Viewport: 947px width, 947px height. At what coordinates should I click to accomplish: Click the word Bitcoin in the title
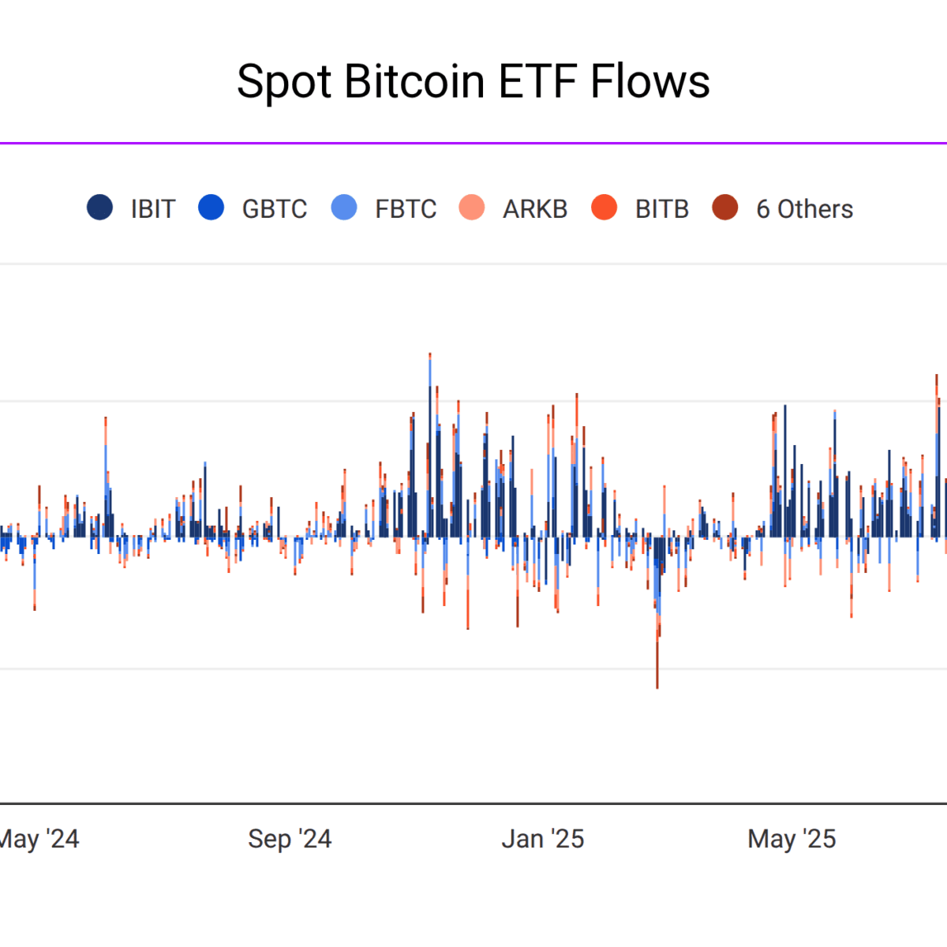(x=414, y=82)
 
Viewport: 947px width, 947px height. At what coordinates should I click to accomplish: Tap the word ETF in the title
(x=537, y=82)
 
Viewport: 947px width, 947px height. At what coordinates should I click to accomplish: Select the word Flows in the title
(x=650, y=82)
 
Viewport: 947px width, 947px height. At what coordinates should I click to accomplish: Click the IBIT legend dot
(x=100, y=208)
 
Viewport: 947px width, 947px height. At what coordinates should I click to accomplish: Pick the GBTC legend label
(x=274, y=209)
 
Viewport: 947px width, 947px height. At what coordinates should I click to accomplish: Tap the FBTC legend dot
(x=344, y=208)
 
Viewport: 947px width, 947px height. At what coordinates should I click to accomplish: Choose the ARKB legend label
(x=535, y=209)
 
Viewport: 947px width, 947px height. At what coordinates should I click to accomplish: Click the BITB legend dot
(x=604, y=208)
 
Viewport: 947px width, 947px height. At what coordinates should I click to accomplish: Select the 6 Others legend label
(x=804, y=209)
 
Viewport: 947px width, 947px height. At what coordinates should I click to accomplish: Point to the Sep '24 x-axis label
(x=290, y=839)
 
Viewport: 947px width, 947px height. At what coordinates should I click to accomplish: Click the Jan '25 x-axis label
(x=543, y=839)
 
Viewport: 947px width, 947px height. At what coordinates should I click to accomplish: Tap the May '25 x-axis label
(x=792, y=839)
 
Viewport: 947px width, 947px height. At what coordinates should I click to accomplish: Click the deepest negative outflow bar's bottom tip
(x=657, y=687)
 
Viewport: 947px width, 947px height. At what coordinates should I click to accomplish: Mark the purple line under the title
(x=473, y=144)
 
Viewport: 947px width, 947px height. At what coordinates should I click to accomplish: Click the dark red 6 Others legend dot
(x=725, y=208)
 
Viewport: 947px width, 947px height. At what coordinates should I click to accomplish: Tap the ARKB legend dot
(x=472, y=208)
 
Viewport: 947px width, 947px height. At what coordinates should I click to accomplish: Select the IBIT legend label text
(x=152, y=209)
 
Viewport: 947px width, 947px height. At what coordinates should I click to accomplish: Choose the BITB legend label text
(x=662, y=209)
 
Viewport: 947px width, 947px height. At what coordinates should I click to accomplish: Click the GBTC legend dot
(x=211, y=208)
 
